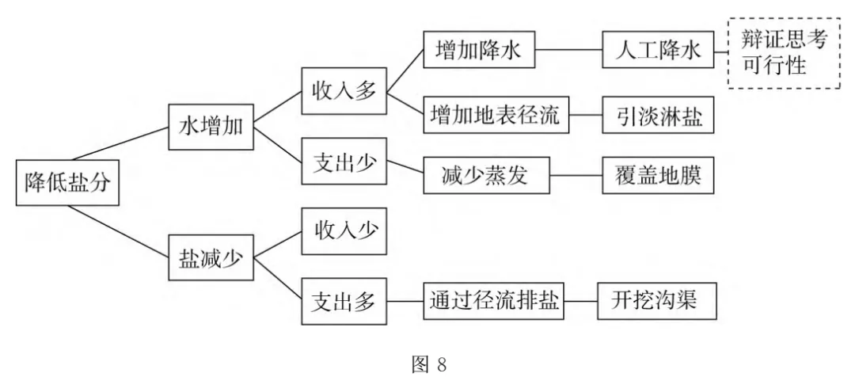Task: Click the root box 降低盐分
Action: pyautogui.click(x=66, y=184)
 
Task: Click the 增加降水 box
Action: pyautogui.click(x=479, y=51)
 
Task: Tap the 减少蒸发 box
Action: pyautogui.click(x=485, y=176)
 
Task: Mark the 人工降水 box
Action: pyautogui.click(x=656, y=51)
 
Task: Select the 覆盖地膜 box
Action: pyautogui.click(x=656, y=176)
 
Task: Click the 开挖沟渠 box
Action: pyautogui.click(x=656, y=302)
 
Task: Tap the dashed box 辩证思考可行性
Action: pyautogui.click(x=782, y=52)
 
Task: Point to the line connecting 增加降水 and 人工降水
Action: pyautogui.click(x=568, y=51)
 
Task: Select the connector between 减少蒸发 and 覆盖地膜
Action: pyautogui.click(x=576, y=176)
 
